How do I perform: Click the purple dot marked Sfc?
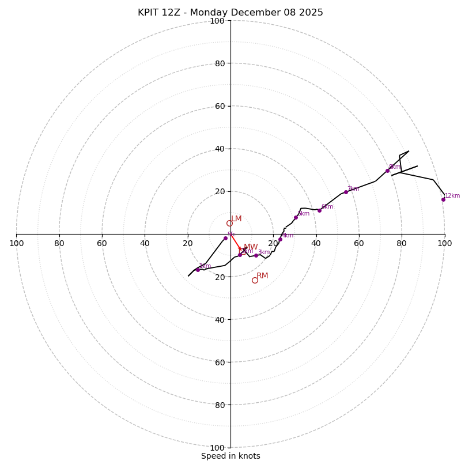[x=225, y=238]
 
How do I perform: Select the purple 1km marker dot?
[x=198, y=270]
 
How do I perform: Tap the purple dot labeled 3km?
[x=256, y=255]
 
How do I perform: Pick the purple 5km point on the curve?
[x=296, y=217]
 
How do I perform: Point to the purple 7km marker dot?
[x=346, y=192]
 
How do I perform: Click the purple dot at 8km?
[x=387, y=171]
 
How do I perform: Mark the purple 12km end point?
[x=443, y=199]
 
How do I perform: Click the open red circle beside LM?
[x=229, y=223]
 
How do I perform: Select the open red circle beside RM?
[x=255, y=280]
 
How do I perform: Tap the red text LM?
[x=236, y=219]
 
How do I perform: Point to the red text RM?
[x=262, y=276]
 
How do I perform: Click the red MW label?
[x=251, y=247]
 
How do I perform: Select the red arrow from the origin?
[x=235, y=242]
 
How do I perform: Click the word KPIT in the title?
[x=149, y=13]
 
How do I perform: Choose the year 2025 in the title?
[x=311, y=13]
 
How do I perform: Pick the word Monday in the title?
[x=209, y=13]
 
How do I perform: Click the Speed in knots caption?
[x=231, y=456]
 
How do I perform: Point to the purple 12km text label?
[x=452, y=196]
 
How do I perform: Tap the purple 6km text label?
[x=327, y=207]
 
